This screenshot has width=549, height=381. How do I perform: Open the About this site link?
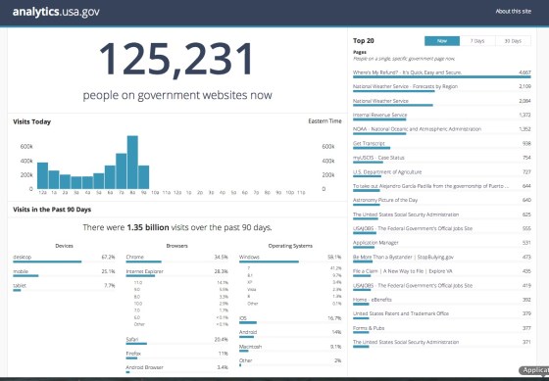[x=515, y=11]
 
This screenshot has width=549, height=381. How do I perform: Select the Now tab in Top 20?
[x=441, y=40]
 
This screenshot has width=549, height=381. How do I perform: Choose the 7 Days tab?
[x=476, y=40]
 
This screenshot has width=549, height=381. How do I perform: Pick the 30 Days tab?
[x=512, y=40]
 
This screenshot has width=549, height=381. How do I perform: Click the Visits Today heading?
[x=32, y=121]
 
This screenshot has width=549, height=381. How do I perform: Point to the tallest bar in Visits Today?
[x=131, y=162]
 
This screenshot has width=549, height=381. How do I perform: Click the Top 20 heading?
[x=365, y=40]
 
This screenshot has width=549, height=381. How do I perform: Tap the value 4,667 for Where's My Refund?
[x=524, y=72]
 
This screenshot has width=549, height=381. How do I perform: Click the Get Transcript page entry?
[x=367, y=143]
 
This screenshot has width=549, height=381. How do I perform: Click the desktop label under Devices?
[x=22, y=257]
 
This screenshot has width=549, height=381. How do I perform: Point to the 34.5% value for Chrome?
[x=221, y=257]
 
